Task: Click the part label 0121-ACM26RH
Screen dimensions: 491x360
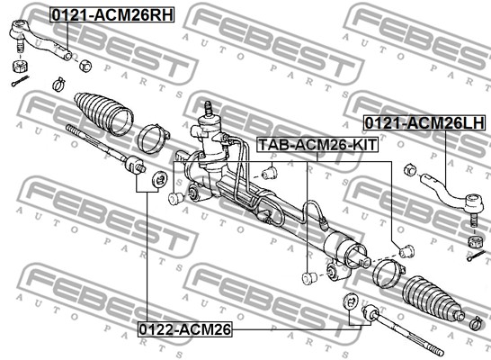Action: click(112, 15)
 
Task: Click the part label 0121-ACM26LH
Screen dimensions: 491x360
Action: click(424, 122)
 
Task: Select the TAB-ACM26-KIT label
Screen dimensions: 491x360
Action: click(317, 145)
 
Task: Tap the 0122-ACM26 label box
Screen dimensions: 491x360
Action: click(184, 329)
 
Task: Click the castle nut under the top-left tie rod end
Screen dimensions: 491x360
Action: click(21, 66)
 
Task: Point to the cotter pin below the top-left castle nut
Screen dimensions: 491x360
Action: click(21, 81)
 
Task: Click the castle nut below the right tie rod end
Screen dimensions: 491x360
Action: click(475, 241)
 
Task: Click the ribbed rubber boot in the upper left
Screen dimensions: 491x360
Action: click(103, 114)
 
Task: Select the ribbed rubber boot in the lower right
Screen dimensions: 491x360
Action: click(434, 299)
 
